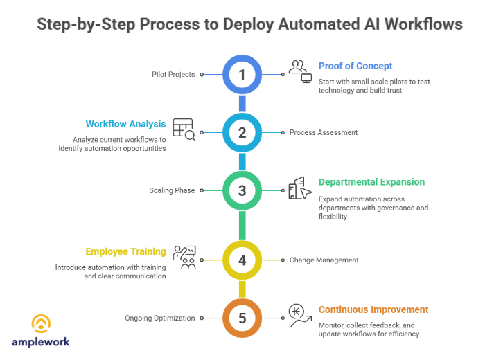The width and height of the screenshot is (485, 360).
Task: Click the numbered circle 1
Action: (242, 74)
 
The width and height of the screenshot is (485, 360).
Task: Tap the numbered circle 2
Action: (242, 132)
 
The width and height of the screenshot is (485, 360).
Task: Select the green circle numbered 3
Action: (242, 190)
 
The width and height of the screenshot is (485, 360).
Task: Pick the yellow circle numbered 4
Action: (242, 260)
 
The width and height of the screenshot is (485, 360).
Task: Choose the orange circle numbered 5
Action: (242, 318)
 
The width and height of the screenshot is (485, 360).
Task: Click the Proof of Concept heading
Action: (355, 66)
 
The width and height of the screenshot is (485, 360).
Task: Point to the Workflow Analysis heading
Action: (125, 124)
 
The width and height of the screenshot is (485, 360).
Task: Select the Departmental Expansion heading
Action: (371, 182)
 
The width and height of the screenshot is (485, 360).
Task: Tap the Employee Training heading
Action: (125, 252)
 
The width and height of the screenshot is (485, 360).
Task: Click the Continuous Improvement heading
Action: (373, 309)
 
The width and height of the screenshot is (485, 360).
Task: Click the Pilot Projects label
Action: (173, 74)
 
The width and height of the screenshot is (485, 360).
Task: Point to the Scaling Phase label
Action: (172, 190)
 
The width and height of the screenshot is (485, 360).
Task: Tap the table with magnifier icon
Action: (184, 129)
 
